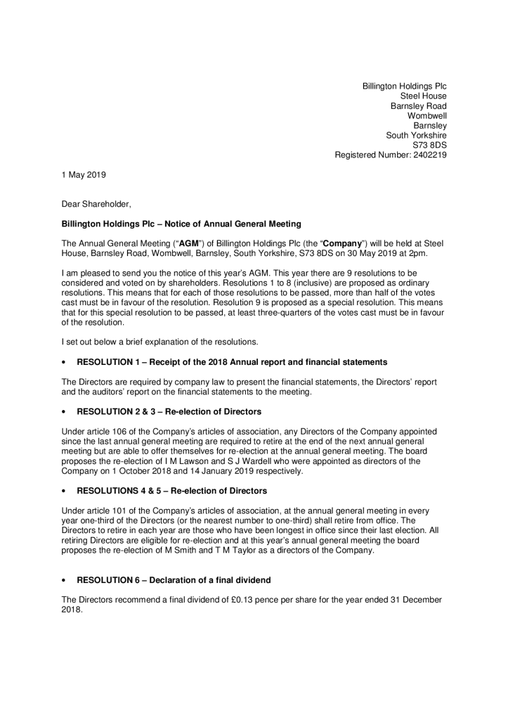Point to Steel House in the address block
[x=423, y=96]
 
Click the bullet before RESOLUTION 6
[x=64, y=580]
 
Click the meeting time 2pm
[x=435, y=253]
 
